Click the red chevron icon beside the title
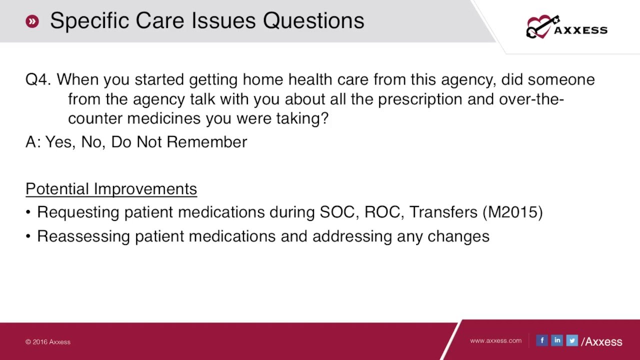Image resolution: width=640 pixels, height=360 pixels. tap(32, 21)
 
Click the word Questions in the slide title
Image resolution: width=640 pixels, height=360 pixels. tap(313, 21)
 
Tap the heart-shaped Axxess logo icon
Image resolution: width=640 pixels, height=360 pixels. tap(540, 27)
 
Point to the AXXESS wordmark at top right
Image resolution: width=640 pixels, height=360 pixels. tap(580, 30)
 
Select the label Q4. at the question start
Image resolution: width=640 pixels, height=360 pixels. tap(38, 79)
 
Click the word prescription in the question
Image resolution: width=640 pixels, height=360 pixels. tap(420, 99)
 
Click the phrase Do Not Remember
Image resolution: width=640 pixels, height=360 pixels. tap(179, 142)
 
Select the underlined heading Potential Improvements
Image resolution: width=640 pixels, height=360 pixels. tap(111, 189)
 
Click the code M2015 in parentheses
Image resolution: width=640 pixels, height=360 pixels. tap(512, 212)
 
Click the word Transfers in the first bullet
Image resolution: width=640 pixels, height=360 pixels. tap(443, 212)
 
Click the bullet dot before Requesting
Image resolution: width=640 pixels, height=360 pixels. tap(28, 212)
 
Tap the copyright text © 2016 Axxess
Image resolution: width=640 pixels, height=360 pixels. tap(48, 342)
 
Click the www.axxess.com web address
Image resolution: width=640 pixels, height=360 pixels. tap(495, 340)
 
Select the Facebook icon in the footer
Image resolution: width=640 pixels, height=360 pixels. tap(542, 340)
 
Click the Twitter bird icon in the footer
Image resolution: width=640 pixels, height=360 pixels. tap(572, 340)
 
